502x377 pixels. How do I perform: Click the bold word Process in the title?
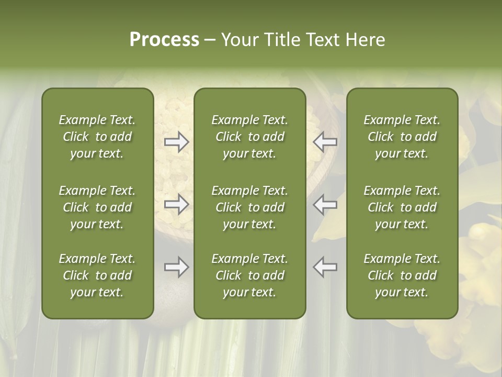coord(164,40)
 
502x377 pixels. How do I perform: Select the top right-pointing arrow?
coord(176,142)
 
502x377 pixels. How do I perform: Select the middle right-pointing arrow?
coord(176,204)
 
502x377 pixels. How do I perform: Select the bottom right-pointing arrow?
coord(176,267)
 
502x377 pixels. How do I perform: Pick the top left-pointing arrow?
coord(325,142)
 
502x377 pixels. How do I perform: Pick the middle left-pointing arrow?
coord(325,204)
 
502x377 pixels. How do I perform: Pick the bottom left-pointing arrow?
coord(325,267)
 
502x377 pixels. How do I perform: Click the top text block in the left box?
coord(97,137)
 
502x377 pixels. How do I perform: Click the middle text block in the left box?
coord(97,207)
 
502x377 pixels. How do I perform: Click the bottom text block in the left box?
coord(97,275)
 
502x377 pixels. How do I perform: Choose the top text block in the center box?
coord(249,137)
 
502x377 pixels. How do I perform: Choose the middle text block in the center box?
coord(249,207)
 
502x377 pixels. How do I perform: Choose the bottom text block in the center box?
coord(249,275)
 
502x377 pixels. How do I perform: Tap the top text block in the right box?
coord(402,137)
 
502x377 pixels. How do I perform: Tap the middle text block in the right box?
coord(402,207)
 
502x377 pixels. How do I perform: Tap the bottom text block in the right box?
coord(402,275)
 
